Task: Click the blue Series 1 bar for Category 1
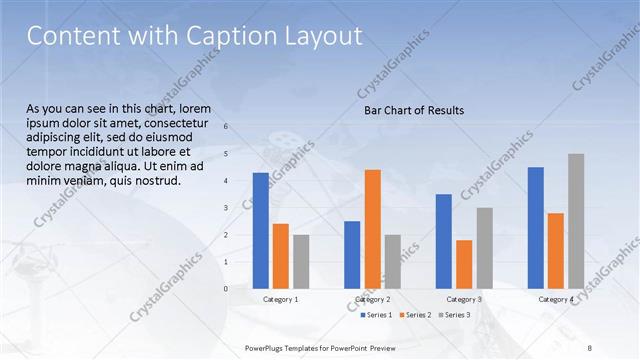[260, 230]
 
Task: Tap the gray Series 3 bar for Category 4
[576, 220]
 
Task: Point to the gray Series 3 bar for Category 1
[301, 261]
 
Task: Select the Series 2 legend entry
[418, 315]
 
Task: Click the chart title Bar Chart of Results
[413, 110]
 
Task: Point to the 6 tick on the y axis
[226, 126]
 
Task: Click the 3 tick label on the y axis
[226, 208]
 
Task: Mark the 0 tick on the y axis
[226, 289]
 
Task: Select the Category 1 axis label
[280, 299]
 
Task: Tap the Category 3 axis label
[464, 299]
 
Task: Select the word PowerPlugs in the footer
[266, 347]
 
